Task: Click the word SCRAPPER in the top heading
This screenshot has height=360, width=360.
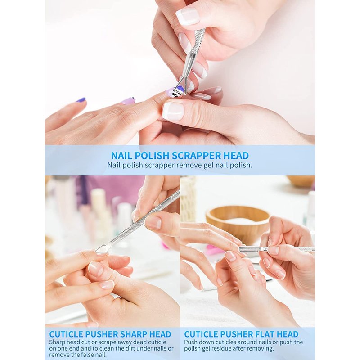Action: tap(197, 156)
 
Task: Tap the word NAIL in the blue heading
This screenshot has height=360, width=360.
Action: tap(121, 156)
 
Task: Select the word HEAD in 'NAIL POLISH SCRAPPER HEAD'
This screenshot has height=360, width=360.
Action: tap(236, 156)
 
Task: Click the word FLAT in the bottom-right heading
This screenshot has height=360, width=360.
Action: tap(264, 334)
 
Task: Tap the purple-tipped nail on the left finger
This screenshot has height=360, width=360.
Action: tap(81, 100)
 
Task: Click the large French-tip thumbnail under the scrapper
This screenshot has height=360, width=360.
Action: tap(173, 111)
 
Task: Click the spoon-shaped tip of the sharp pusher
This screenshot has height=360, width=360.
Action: tap(100, 250)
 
